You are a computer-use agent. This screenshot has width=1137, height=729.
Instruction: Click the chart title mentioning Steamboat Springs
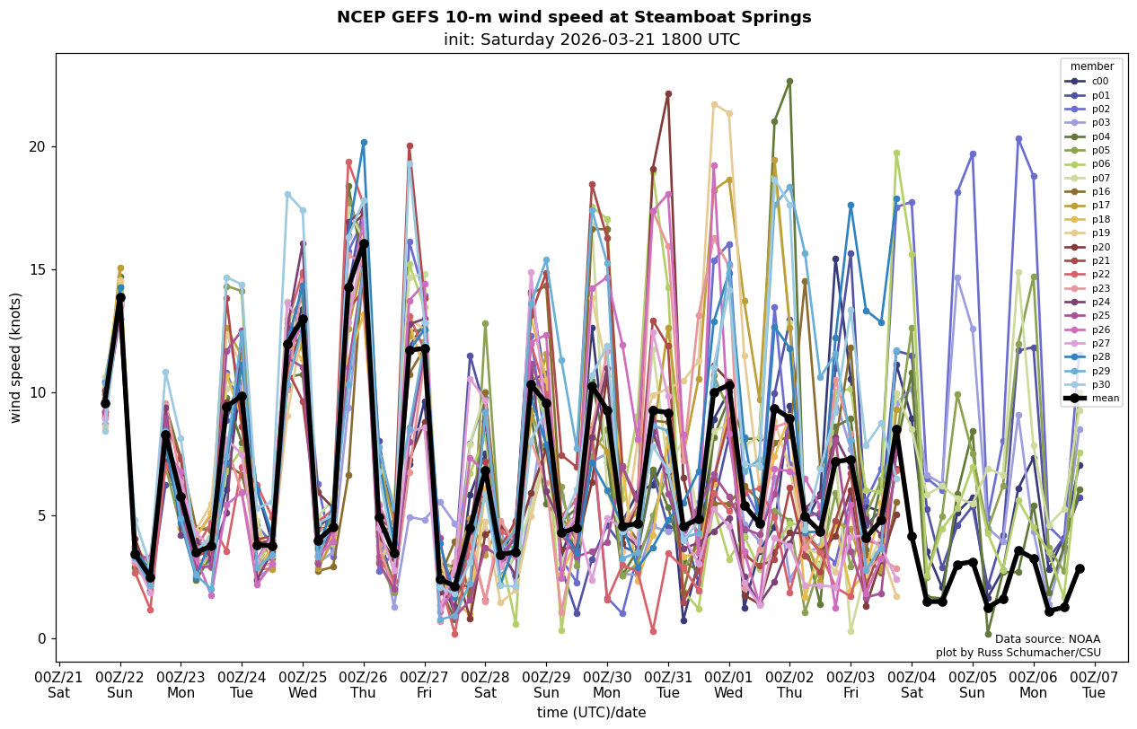coord(574,17)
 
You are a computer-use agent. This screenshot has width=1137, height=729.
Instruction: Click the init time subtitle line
coord(592,40)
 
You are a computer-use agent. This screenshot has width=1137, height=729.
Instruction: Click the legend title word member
coord(1092,66)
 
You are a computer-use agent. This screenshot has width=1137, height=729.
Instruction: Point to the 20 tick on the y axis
coord(39,146)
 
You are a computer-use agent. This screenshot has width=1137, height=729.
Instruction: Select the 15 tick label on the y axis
coord(39,269)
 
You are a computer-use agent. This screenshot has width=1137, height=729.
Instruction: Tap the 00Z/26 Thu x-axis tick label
coord(364,683)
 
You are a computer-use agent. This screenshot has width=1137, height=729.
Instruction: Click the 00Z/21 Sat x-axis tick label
coord(59,683)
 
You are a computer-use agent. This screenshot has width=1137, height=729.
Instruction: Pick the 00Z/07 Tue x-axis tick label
coord(1094,683)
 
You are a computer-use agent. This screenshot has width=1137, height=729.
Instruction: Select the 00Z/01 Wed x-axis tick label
coord(728,683)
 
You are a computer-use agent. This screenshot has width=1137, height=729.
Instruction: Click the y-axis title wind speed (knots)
coord(16,357)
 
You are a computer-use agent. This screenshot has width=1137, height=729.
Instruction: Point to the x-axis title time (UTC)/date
coord(592,712)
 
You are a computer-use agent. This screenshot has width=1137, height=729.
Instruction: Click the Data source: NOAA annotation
coord(1047,639)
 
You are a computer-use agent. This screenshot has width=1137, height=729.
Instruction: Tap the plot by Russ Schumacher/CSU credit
coord(1018,653)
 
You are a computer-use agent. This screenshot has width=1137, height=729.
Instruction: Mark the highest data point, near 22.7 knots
coord(789,81)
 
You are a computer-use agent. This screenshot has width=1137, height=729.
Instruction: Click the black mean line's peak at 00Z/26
coord(364,243)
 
